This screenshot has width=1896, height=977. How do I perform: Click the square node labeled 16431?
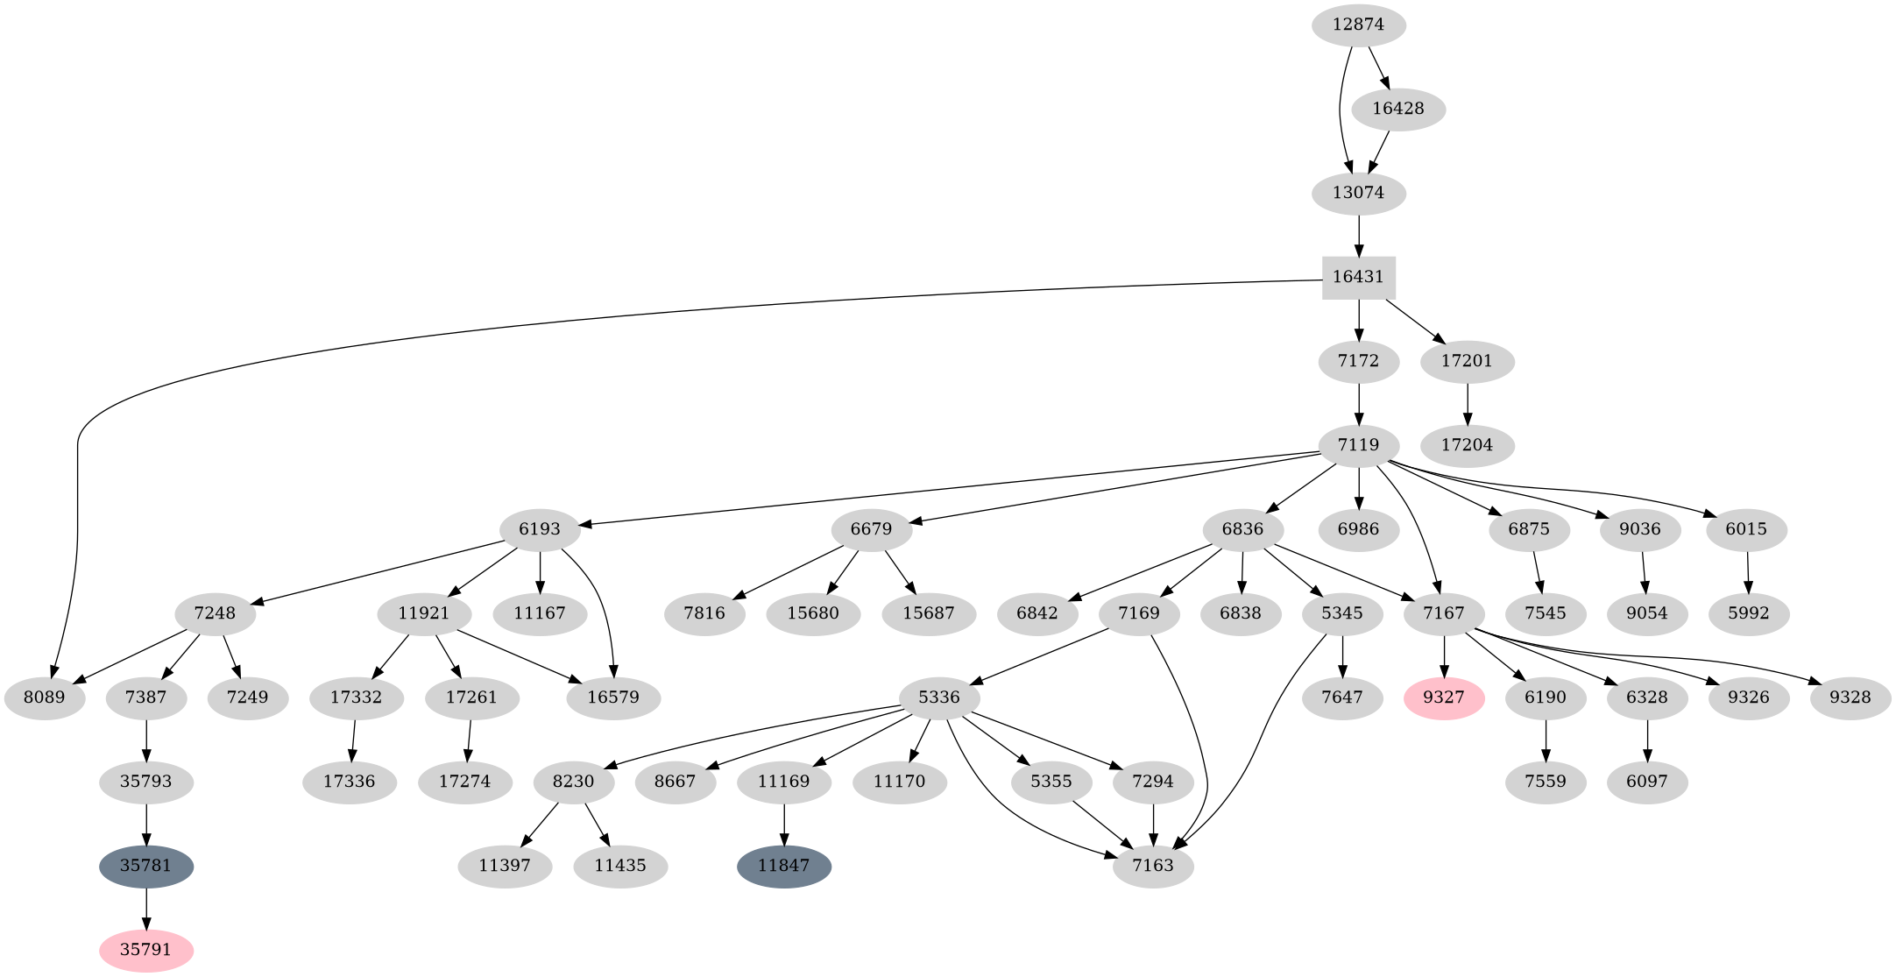pyautogui.click(x=1358, y=277)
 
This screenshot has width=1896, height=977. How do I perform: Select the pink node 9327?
pyautogui.click(x=1444, y=698)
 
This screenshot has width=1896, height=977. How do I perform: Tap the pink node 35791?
pyautogui.click(x=146, y=950)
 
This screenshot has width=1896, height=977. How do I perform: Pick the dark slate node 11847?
pyautogui.click(x=784, y=867)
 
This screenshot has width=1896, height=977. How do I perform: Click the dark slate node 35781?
pyautogui.click(x=146, y=867)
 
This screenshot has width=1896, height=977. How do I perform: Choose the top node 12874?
pyautogui.click(x=1358, y=25)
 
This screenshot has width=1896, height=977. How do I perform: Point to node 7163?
pyautogui.click(x=1153, y=867)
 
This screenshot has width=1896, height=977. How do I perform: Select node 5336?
pyautogui.click(x=939, y=698)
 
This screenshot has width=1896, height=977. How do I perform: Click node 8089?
pyautogui.click(x=45, y=698)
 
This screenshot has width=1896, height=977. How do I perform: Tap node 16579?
pyautogui.click(x=613, y=698)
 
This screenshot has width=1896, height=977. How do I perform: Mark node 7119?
pyautogui.click(x=1358, y=445)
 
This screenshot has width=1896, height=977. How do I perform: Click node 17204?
pyautogui.click(x=1467, y=445)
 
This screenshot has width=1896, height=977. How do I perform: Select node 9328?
pyautogui.click(x=1850, y=698)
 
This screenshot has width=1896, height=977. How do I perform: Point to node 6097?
pyautogui.click(x=1647, y=782)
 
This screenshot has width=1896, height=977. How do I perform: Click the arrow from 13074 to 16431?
pyautogui.click(x=1358, y=234)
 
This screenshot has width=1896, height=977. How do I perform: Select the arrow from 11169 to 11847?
pyautogui.click(x=784, y=824)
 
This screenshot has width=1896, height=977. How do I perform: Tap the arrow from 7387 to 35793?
pyautogui.click(x=146, y=740)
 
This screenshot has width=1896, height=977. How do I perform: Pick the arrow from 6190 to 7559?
pyautogui.click(x=1546, y=740)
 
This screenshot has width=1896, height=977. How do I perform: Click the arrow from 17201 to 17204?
pyautogui.click(x=1467, y=403)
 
